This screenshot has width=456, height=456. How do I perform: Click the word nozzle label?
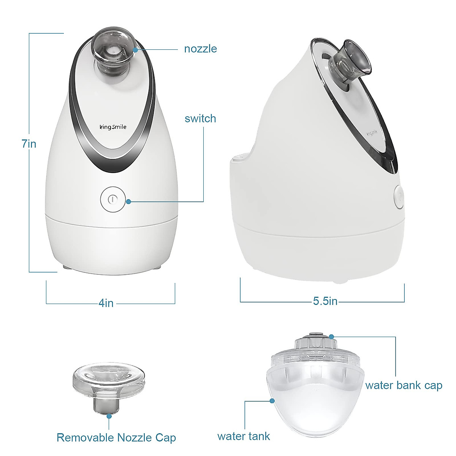pyautogui.click(x=200, y=49)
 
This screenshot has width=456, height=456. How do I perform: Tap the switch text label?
pyautogui.click(x=200, y=119)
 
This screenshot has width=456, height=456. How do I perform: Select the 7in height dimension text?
pyautogui.click(x=29, y=144)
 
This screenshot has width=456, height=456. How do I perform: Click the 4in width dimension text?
pyautogui.click(x=106, y=303)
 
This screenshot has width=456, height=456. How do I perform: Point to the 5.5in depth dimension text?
pyautogui.click(x=325, y=301)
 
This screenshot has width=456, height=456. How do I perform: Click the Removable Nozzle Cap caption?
pyautogui.click(x=116, y=437)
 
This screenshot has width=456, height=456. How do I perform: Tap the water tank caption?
pyautogui.click(x=244, y=436)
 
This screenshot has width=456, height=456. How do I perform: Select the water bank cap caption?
pyautogui.click(x=404, y=385)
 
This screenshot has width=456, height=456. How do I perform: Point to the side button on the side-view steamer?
pyautogui.click(x=399, y=197)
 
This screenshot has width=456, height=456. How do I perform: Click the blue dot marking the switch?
pyautogui.click(x=129, y=201)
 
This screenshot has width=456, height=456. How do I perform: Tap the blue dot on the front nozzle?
pyautogui.click(x=135, y=49)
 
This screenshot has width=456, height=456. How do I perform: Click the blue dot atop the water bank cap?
pyautogui.click(x=331, y=337)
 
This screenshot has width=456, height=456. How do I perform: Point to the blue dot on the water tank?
pyautogui.click(x=272, y=401)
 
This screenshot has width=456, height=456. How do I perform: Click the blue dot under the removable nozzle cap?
pyautogui.click(x=109, y=416)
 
